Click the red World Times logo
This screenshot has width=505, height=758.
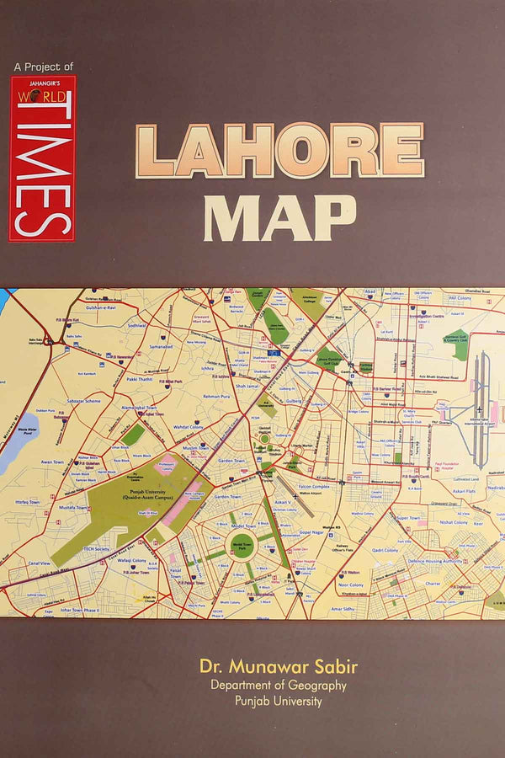coord(42,158)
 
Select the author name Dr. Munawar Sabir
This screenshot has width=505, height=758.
coord(279,667)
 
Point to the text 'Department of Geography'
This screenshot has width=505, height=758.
coord(279,686)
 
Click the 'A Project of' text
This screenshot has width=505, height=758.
coord(44,66)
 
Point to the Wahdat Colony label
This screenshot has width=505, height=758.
coord(189,427)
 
